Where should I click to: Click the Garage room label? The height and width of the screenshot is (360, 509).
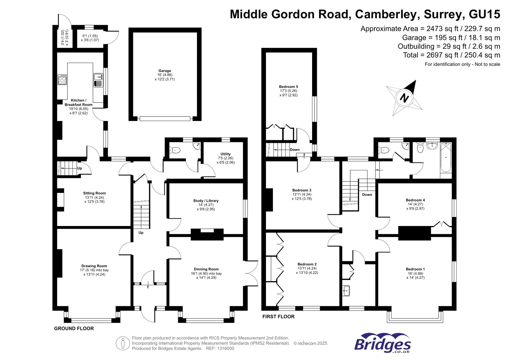pyautogui.click(x=165, y=71)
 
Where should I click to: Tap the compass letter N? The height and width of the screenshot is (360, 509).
pyautogui.click(x=404, y=97)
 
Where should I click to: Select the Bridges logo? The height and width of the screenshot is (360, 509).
pyautogui.click(x=382, y=343)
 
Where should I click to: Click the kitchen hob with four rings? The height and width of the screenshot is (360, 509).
pyautogui.click(x=62, y=80)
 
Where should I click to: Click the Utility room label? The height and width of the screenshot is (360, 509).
pyautogui.click(x=226, y=154)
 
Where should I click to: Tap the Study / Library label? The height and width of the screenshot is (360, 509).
pyautogui.click(x=206, y=201)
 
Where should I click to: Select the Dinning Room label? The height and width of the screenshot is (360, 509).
pyautogui.click(x=206, y=269)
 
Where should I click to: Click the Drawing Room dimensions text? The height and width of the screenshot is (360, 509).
pyautogui.click(x=94, y=272)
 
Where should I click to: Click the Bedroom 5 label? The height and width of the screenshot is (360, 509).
pyautogui.click(x=289, y=87)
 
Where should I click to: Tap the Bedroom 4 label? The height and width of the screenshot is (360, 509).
pyautogui.click(x=415, y=200)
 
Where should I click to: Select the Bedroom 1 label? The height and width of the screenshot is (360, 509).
pyautogui.click(x=415, y=269)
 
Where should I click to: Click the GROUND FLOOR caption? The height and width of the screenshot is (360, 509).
pyautogui.click(x=74, y=328)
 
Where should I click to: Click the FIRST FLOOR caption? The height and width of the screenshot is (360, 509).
pyautogui.click(x=278, y=316)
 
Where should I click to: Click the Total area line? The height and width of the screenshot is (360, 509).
pyautogui.click(x=451, y=55)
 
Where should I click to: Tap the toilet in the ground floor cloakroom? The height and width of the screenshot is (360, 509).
pyautogui.click(x=175, y=150)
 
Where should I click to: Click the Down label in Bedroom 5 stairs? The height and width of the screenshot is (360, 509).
pyautogui.click(x=295, y=150)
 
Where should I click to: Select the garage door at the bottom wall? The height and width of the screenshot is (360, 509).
pyautogui.click(x=165, y=119)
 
